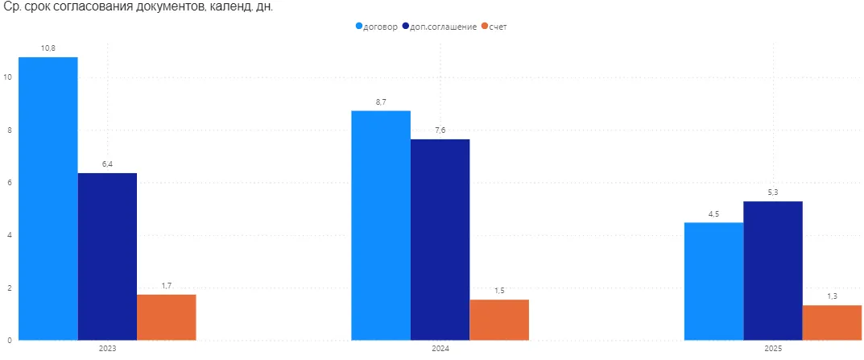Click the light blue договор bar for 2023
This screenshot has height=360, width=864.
[x=48, y=198]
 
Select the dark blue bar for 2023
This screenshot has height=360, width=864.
[x=107, y=256]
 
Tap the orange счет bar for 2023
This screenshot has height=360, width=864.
[x=166, y=317]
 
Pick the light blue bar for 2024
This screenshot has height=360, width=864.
[x=381, y=225]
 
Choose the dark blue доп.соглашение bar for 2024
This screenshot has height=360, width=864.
[x=440, y=239]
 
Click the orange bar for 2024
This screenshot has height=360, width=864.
[x=499, y=319]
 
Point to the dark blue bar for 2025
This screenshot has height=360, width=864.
[x=772, y=270]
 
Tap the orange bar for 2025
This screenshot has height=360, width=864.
[x=832, y=322]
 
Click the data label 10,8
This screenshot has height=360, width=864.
[x=48, y=48]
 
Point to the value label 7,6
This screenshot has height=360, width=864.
[x=440, y=130]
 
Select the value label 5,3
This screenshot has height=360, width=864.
[x=772, y=192]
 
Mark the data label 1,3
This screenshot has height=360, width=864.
[x=832, y=296]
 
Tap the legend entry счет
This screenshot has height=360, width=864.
[x=498, y=26]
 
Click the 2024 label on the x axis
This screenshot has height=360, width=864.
[x=440, y=349]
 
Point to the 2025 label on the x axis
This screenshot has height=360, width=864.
[x=772, y=349]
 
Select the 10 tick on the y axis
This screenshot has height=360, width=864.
[x=7, y=77]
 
